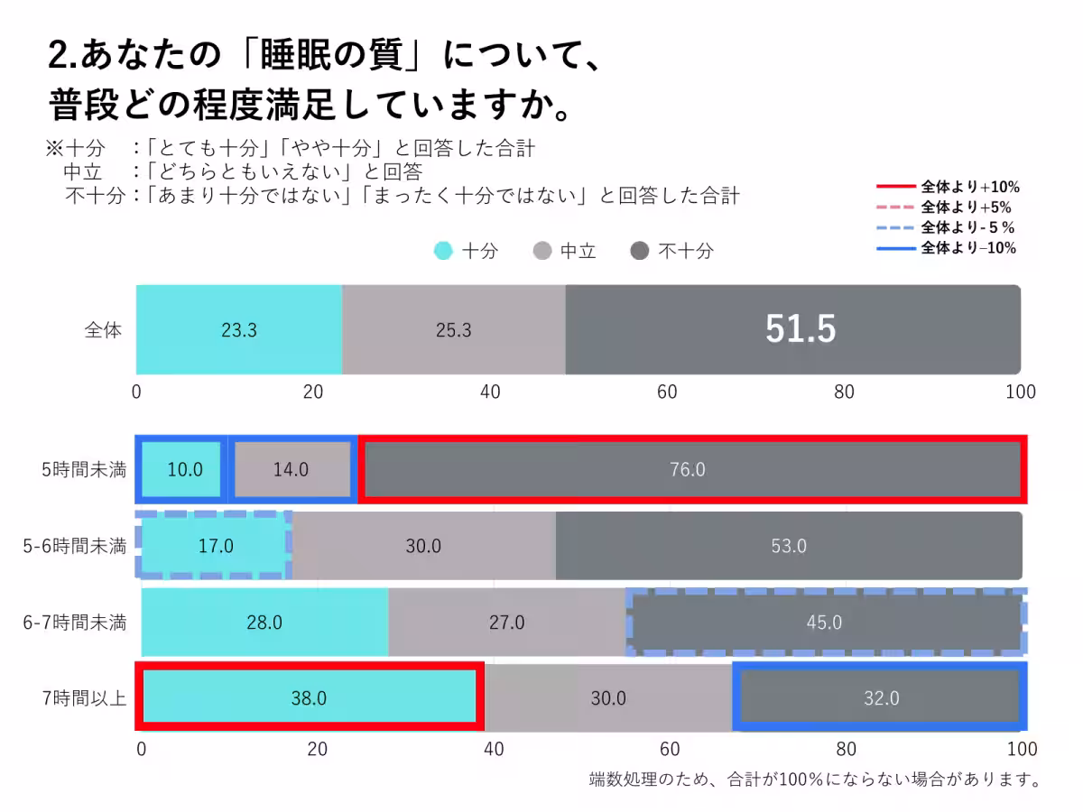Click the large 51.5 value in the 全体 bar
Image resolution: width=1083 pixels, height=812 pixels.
tap(801, 330)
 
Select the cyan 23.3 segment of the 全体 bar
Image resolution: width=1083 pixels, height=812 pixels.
tap(239, 330)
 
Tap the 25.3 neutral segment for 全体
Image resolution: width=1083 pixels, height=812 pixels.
tap(453, 330)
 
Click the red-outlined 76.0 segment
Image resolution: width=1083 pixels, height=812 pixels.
tap(691, 469)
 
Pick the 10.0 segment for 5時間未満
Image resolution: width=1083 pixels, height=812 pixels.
tap(184, 469)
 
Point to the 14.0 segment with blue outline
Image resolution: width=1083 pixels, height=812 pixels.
tap(291, 469)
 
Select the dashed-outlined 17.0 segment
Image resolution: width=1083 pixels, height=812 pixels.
tap(215, 546)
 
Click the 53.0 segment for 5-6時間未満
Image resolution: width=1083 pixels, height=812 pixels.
tap(788, 546)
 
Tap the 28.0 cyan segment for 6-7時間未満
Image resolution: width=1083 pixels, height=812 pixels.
tap(264, 623)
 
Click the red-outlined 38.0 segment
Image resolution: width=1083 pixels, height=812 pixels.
tap(309, 698)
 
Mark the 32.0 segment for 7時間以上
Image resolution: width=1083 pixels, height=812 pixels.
tap(880, 698)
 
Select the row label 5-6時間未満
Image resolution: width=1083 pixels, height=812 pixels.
tap(75, 546)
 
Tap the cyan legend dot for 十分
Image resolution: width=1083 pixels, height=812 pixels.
tap(443, 252)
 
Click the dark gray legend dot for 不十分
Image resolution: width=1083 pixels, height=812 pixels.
tap(639, 252)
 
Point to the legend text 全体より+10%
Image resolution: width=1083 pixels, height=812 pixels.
tap(970, 188)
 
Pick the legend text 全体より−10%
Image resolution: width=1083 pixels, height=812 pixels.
tap(968, 248)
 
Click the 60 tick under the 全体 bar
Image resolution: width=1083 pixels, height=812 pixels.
tap(667, 392)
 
